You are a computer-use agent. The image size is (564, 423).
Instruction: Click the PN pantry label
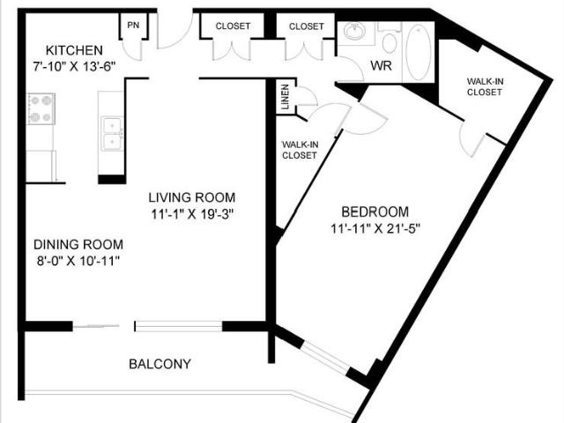133,25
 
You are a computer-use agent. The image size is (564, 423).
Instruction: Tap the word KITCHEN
75,50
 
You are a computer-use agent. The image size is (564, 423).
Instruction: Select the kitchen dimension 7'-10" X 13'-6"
75,65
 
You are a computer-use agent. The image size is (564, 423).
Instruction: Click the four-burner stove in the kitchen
41,108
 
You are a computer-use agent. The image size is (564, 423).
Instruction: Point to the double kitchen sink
112,134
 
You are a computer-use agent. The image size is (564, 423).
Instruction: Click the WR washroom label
381,66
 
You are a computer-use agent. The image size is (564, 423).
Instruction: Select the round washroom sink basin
356,33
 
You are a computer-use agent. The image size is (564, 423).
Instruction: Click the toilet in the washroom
389,38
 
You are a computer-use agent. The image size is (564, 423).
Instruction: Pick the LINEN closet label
285,99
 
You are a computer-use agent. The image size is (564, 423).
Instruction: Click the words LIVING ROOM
191,197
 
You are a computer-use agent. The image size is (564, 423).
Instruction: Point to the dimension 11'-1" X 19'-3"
191,213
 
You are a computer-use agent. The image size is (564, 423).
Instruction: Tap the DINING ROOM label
78,244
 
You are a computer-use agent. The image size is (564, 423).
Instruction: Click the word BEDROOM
375,211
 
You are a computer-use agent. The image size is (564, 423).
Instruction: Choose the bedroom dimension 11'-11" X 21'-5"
375,228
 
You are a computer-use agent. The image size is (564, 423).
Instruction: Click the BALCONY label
160,363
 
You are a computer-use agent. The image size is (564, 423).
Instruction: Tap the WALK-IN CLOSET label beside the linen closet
299,150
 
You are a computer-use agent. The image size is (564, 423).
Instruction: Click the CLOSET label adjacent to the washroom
306,26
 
